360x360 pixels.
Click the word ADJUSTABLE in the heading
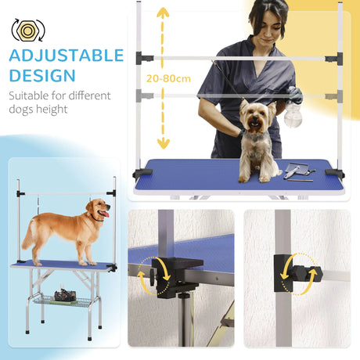[x=67, y=56]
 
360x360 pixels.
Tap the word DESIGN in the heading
[x=43, y=75]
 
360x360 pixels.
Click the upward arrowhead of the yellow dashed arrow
[x=163, y=13]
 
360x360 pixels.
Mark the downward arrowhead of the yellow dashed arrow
[x=163, y=143]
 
